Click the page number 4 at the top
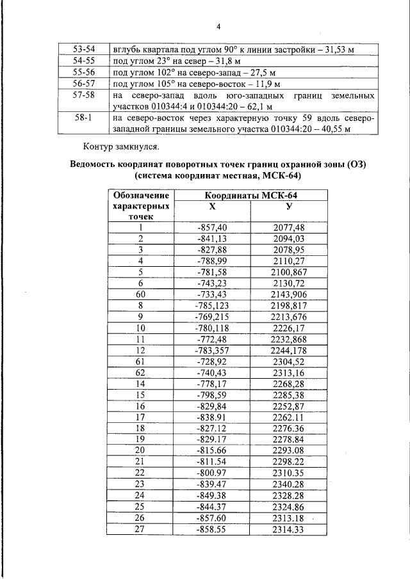point(218,26)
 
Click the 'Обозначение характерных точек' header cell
point(140,206)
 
